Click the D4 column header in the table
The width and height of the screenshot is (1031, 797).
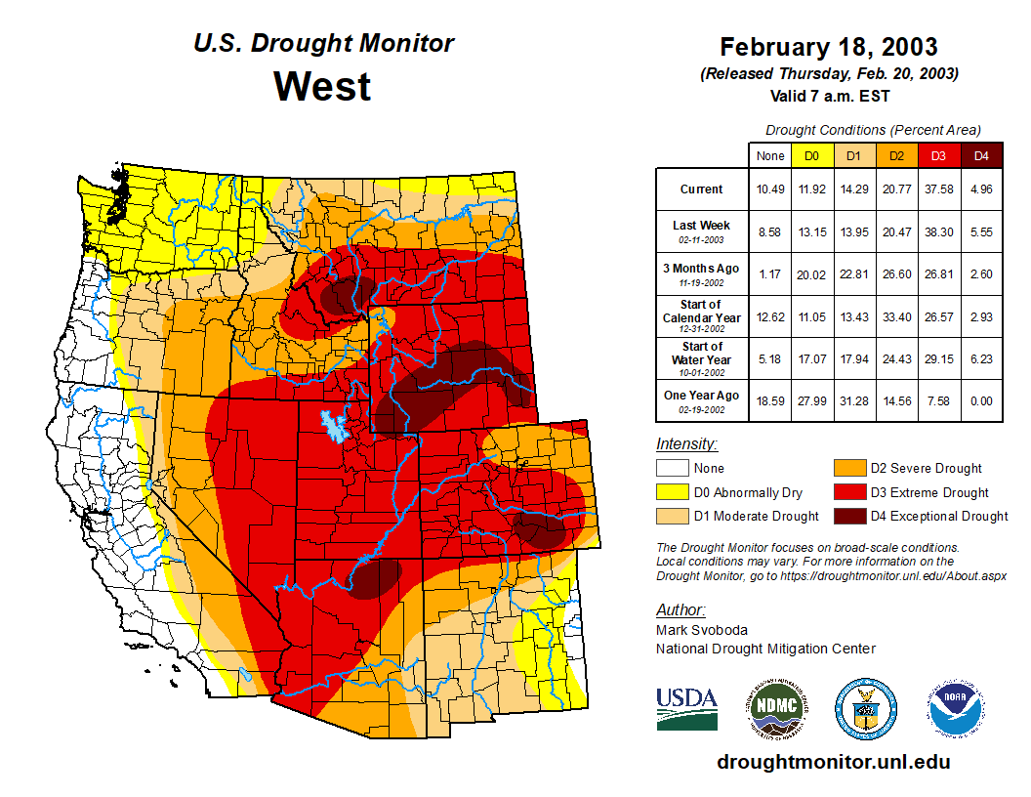coord(981,156)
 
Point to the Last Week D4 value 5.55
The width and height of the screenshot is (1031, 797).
coord(981,232)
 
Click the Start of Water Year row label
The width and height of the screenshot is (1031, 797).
coord(701,353)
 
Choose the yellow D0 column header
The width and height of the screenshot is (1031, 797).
coord(811,156)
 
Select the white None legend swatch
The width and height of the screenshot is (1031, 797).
coord(673,469)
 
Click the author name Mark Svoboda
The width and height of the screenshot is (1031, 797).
coord(701,630)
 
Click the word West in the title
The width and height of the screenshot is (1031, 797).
coord(322,86)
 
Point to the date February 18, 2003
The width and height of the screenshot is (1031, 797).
coord(828,47)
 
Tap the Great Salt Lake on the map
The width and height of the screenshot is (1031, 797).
coord(333,428)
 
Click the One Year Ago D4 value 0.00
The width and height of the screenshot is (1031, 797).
coord(981,399)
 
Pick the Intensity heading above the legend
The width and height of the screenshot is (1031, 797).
coord(686,444)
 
